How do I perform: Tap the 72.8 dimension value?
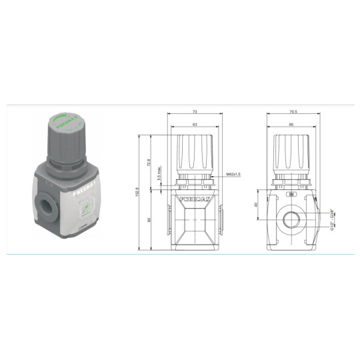pyautogui.click(x=149, y=161)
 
